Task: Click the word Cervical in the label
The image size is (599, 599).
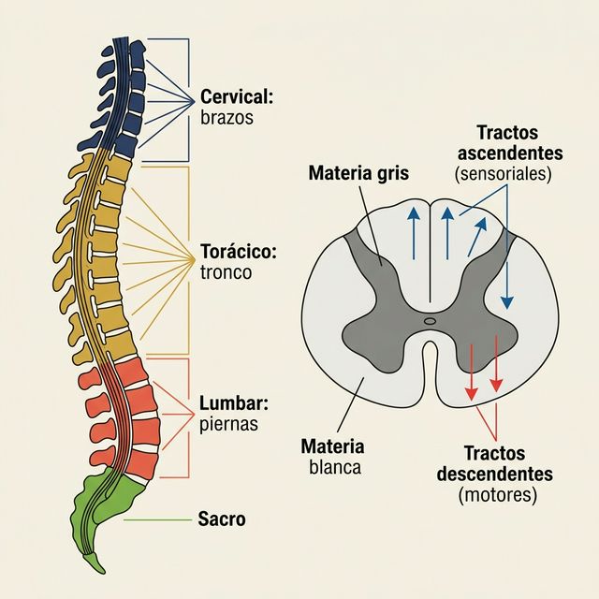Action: coord(234,96)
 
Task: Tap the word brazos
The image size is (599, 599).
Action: coord(226,119)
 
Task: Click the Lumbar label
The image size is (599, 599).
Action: coord(233,404)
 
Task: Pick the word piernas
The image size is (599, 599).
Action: coord(230,425)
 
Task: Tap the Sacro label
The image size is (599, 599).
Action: coord(222,519)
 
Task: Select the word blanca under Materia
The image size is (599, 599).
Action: coord(334,467)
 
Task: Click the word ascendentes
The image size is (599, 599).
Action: coord(519,152)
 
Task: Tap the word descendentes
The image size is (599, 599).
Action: coord(495,474)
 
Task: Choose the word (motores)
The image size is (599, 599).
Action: coord(498,495)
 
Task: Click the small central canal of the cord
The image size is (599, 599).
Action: coord(430,321)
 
